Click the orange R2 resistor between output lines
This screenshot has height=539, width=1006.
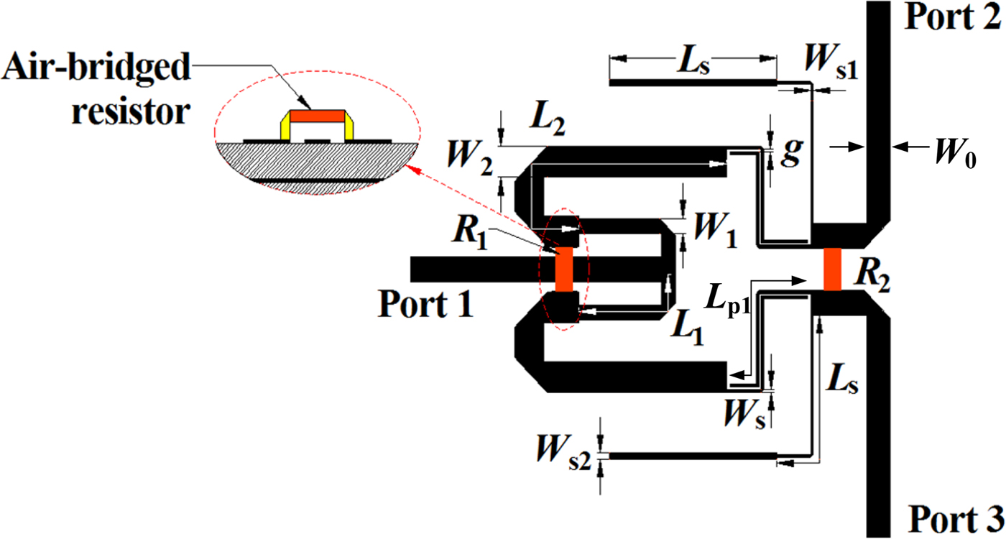pyautogui.click(x=832, y=269)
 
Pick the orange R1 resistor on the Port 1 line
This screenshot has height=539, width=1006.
pyautogui.click(x=564, y=269)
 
